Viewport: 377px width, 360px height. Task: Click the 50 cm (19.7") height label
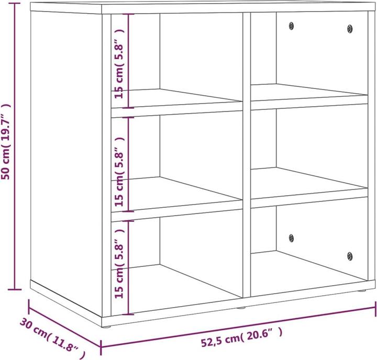(x=7, y=141)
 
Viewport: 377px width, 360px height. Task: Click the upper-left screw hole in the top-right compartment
(x=292, y=25)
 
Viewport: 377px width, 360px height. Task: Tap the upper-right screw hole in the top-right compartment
(x=350, y=28)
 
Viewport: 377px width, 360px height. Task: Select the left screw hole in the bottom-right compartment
(x=291, y=237)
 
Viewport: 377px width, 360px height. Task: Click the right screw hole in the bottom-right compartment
(x=350, y=256)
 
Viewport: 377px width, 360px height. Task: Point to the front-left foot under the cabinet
(x=107, y=327)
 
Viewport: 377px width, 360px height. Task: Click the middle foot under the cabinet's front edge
(x=241, y=307)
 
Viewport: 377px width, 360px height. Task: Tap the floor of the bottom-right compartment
(x=309, y=269)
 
